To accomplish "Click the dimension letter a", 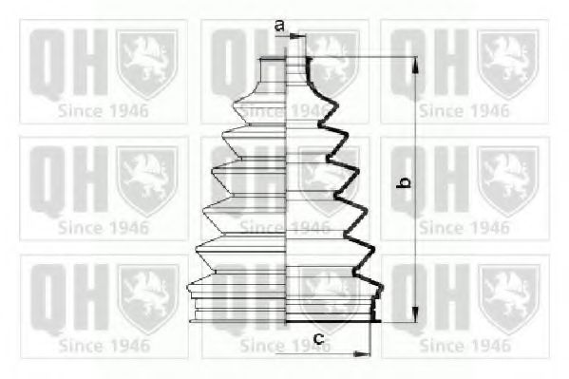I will coord(279,25).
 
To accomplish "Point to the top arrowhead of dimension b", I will coord(415,63).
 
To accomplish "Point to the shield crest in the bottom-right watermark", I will coord(507,289).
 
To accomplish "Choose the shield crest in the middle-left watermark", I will coord(145,177).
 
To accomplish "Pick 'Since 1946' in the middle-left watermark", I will coord(102,227).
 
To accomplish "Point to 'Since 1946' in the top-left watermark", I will coord(102,109).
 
